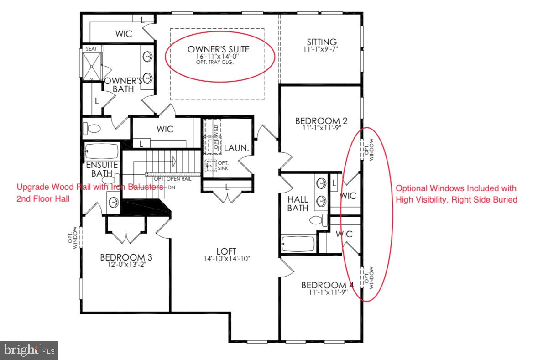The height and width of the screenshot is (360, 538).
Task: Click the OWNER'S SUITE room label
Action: point(219,49)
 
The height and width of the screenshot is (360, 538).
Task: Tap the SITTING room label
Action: point(322,42)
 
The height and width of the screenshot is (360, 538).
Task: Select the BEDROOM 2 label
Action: point(321,121)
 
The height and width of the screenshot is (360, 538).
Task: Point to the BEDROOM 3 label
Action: point(126,257)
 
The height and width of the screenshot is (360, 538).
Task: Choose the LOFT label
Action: point(226,251)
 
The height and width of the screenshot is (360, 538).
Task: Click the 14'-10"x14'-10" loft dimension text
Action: point(226,259)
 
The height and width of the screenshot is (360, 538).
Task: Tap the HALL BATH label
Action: point(298,203)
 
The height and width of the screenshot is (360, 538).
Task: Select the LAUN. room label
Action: point(236,148)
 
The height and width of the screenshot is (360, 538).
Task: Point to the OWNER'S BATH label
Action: point(120,84)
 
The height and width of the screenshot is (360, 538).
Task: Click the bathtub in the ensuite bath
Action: point(101,151)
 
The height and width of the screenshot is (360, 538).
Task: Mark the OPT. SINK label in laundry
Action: point(223,166)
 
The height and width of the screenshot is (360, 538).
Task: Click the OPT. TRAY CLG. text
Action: point(219,62)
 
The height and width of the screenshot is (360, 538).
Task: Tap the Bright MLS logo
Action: point(29,350)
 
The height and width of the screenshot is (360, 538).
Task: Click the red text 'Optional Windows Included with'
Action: point(455,188)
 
